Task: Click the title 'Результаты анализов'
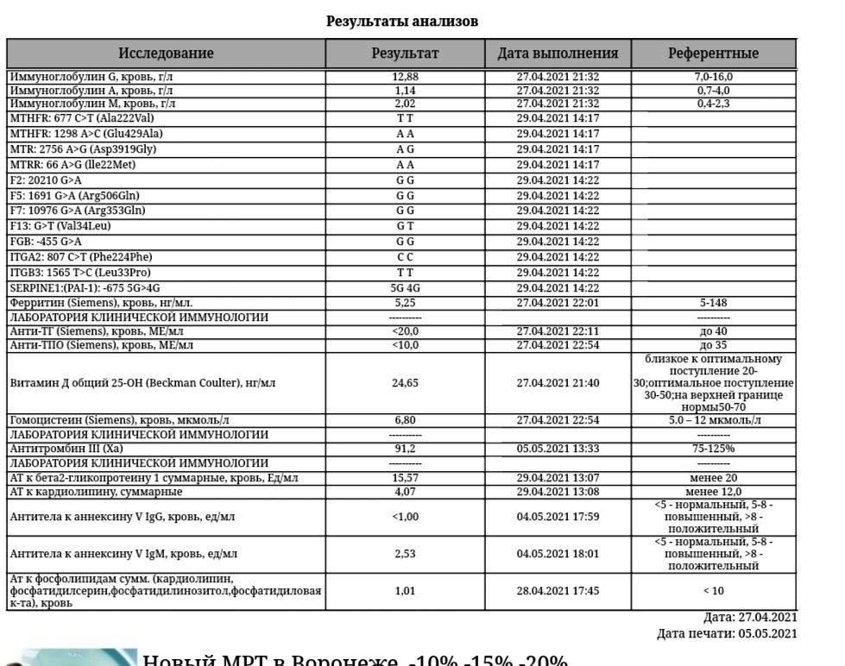tap(401, 21)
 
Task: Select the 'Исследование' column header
tap(166, 53)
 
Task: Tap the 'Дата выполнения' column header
tap(558, 53)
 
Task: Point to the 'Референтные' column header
tap(713, 53)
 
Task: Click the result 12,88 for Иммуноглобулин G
tap(405, 78)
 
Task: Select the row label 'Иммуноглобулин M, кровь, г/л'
tap(92, 104)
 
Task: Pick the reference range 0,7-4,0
tap(713, 91)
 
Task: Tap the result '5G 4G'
tap(405, 288)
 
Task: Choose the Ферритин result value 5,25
tap(405, 303)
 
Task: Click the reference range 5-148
tap(713, 303)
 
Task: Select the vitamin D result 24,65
tap(405, 383)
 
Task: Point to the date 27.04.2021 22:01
tap(558, 303)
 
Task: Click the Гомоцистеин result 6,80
tap(405, 420)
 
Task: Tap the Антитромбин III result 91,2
tap(405, 449)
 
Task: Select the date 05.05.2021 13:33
tap(558, 449)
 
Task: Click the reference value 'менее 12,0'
tap(713, 492)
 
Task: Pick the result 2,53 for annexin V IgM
tap(405, 554)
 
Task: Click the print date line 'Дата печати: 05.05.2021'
tap(727, 634)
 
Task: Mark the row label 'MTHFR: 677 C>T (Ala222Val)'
tap(82, 118)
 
